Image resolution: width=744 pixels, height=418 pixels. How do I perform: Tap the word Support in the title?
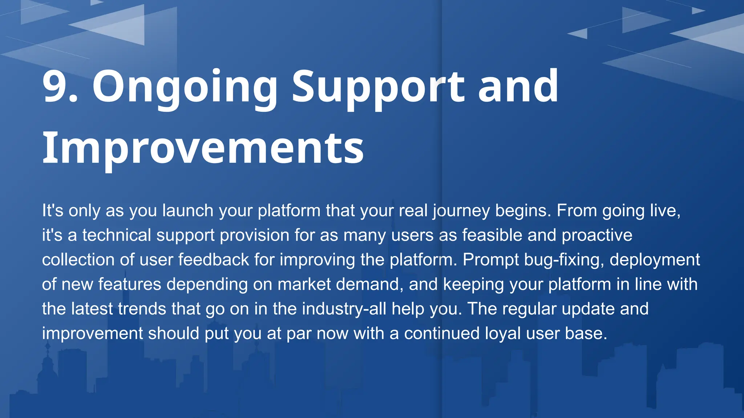point(378,87)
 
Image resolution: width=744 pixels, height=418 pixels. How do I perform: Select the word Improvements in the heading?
point(203,148)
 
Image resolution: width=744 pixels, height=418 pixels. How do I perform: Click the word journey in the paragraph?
point(461,211)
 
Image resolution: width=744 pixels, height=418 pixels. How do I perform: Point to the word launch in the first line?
point(188,211)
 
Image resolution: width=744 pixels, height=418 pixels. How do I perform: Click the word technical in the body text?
point(116,235)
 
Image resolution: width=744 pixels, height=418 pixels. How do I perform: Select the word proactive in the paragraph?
point(597,235)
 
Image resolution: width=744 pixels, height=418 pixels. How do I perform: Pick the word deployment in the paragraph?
point(655,260)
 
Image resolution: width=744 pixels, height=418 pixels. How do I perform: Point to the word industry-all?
point(344,309)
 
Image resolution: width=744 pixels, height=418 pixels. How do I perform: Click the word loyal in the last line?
point(503,333)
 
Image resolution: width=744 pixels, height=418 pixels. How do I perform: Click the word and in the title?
point(518,87)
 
